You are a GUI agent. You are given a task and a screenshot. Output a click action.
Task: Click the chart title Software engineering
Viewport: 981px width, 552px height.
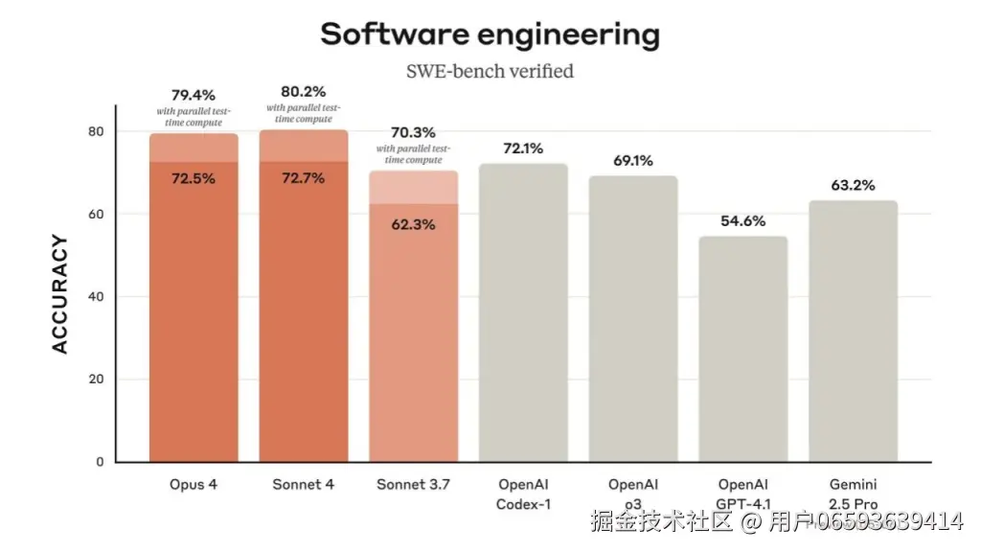[x=490, y=34]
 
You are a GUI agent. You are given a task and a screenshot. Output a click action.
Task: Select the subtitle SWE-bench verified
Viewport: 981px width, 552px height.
[x=490, y=71]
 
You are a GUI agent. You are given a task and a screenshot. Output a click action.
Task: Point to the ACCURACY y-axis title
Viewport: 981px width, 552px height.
[x=60, y=294]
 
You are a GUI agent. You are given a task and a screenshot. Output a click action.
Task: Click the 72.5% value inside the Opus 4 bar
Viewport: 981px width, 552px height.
[x=194, y=178]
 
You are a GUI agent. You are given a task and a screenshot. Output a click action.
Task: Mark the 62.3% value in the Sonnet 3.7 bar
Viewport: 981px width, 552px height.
[x=413, y=224]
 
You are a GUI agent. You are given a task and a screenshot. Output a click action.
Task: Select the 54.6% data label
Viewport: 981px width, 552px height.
[x=742, y=221]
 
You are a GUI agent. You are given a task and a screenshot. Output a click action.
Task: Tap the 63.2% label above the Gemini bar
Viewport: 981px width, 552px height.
[x=853, y=185]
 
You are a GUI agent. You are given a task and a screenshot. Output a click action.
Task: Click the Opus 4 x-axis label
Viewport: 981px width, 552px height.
[x=194, y=485]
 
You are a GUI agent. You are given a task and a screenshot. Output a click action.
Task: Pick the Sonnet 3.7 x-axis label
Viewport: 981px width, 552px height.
[x=413, y=485]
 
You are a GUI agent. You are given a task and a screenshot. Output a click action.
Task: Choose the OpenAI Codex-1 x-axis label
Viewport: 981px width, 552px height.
[x=523, y=494]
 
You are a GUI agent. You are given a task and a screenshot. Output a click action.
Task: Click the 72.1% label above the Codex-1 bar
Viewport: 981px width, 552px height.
[x=523, y=149]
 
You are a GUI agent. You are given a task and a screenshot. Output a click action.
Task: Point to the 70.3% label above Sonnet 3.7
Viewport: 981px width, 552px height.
[x=413, y=132]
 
